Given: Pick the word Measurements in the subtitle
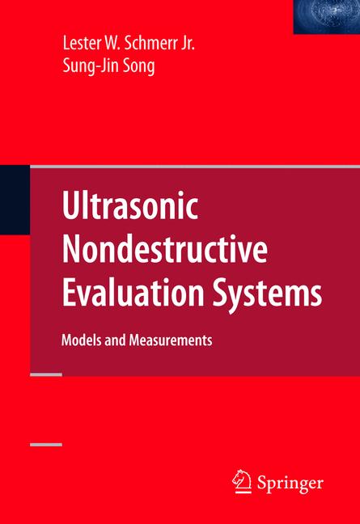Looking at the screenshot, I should (173, 340).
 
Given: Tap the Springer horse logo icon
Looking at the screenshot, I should (241, 482).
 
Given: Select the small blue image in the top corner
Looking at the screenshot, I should (326, 16).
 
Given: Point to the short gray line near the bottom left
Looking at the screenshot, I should (45, 444).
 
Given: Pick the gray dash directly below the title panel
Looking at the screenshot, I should (45, 375).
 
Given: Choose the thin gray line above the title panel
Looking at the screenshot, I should (194, 166).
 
